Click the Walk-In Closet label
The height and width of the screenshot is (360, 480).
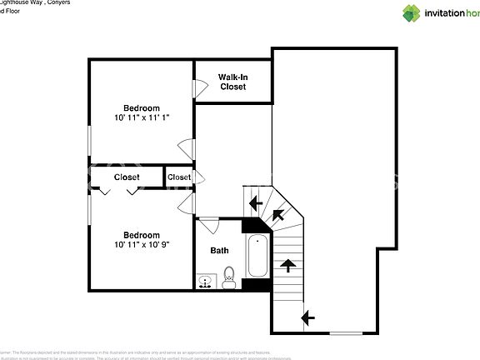[x=232, y=82]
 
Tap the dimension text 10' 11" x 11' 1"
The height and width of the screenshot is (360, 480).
[x=142, y=118]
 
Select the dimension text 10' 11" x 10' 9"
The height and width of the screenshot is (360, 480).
[x=142, y=244]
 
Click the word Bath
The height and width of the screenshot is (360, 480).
[x=219, y=250]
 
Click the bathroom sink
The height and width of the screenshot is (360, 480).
[x=205, y=282]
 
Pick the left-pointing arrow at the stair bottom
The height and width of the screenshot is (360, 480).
[x=307, y=317]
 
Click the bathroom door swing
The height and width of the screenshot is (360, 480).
[x=207, y=222]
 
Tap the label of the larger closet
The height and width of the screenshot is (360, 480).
[x=127, y=177]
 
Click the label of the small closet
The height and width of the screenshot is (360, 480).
[x=178, y=177]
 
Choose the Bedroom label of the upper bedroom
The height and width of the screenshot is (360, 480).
[x=142, y=107]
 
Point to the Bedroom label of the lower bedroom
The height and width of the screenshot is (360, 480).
[x=142, y=234]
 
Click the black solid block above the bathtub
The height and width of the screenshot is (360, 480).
[x=251, y=225]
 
